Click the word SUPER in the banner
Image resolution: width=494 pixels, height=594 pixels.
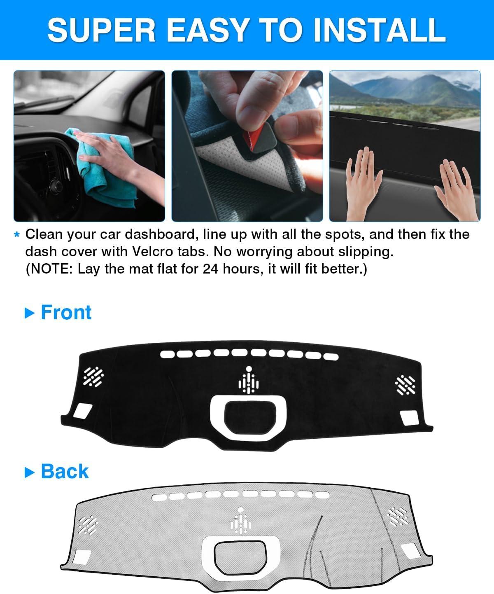pyautogui.click(x=102, y=30)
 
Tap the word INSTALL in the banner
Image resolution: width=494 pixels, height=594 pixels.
pyautogui.click(x=380, y=30)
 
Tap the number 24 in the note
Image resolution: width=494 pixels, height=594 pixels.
pyautogui.click(x=210, y=269)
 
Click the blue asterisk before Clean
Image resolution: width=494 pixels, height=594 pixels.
pyautogui.click(x=17, y=235)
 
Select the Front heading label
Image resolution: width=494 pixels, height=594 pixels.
pyautogui.click(x=66, y=312)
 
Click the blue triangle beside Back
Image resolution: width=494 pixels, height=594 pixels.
pyautogui.click(x=30, y=472)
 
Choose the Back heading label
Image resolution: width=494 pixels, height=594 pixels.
pyautogui.click(x=65, y=471)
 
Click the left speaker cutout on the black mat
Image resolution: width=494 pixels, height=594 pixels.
pyautogui.click(x=93, y=377)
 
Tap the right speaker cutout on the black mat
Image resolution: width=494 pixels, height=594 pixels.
pyautogui.click(x=405, y=385)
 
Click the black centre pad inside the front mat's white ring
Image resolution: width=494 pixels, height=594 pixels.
pyautogui.click(x=250, y=418)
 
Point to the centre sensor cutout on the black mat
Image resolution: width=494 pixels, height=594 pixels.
pyautogui.click(x=249, y=380)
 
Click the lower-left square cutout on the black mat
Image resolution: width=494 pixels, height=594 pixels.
pyautogui.click(x=83, y=411)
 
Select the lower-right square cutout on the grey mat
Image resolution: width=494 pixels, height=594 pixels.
pyautogui.click(x=410, y=551)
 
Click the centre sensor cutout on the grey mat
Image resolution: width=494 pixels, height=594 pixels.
pyautogui.click(x=240, y=520)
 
